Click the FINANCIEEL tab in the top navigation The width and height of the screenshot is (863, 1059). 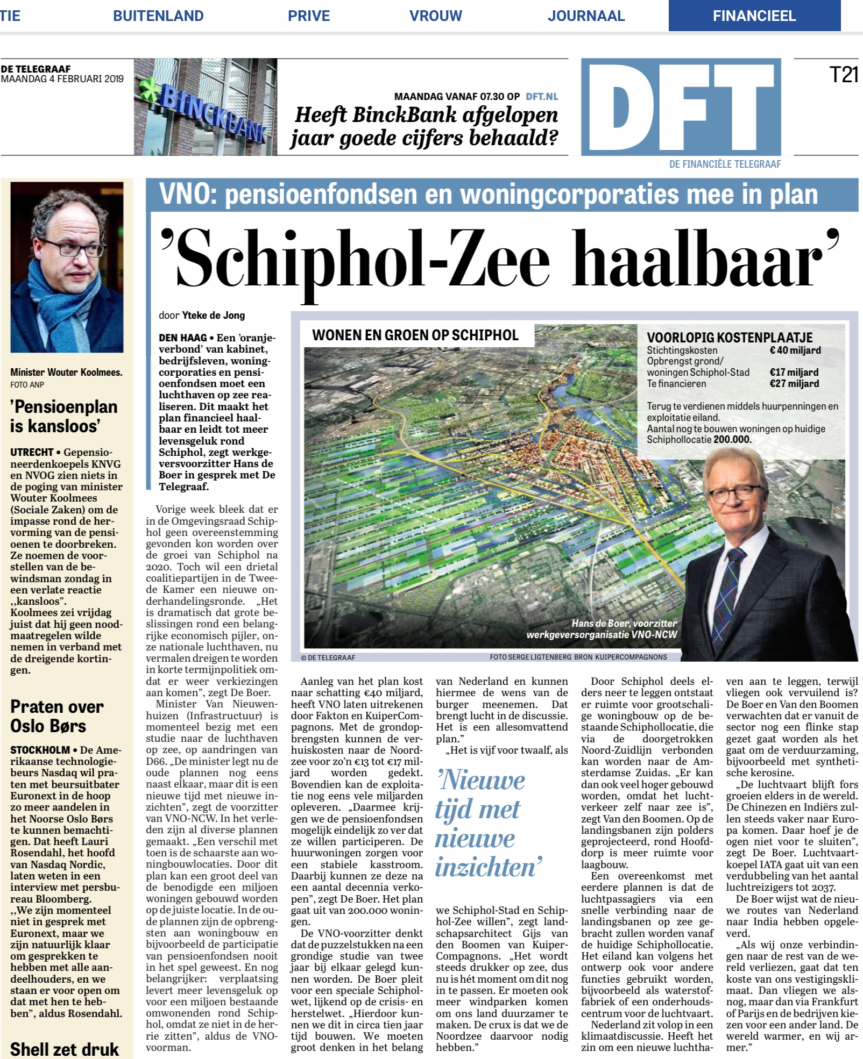point(754,16)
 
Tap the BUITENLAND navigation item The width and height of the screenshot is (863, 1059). point(158,16)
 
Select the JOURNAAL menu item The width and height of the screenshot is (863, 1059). point(586,16)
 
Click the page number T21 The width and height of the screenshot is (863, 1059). point(844,75)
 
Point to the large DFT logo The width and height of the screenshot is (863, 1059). point(681,108)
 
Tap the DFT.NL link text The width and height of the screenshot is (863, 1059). point(542,97)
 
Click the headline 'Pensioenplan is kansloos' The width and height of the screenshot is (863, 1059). point(63,416)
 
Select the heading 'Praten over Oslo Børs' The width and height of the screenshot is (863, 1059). point(56,716)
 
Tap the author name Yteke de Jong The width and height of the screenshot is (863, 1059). point(213,316)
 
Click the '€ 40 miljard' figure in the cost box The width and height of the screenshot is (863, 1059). point(795,350)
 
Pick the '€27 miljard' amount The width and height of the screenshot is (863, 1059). point(794,384)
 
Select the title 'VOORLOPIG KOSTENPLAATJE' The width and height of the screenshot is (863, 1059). point(730,338)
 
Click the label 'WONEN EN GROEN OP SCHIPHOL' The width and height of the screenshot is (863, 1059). point(415,335)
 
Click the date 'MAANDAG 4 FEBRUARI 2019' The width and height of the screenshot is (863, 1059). point(62,79)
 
